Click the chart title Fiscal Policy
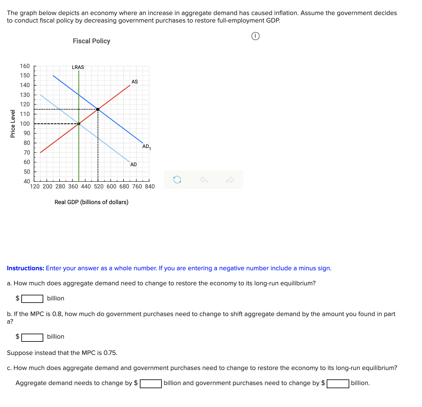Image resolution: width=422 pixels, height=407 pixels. pos(91,41)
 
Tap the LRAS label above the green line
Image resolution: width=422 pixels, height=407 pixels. pos(78,67)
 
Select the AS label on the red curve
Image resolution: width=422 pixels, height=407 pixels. pos(135,82)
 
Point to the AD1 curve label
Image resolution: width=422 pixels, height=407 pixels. pos(146,146)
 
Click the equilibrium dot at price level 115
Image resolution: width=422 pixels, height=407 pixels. pos(98,109)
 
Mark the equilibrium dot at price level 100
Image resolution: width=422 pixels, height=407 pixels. pos(79,124)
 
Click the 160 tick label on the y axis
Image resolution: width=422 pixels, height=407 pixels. pos(25,66)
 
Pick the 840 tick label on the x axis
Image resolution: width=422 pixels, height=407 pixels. pos(150,187)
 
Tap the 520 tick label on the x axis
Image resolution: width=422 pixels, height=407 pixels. pos(98,187)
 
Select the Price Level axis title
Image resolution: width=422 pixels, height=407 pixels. pos(13,124)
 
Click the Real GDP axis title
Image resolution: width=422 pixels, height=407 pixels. pos(91,202)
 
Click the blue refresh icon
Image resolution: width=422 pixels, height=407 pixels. pos(177,180)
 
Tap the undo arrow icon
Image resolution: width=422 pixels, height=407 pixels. pos(204,180)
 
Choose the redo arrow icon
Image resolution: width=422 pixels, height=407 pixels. pos(230,180)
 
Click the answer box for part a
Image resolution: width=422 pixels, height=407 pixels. pos(32,299)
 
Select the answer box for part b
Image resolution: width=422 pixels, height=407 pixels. pos(32,337)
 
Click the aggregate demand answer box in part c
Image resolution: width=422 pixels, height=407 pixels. pos(151,384)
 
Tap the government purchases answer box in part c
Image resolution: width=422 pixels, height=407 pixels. pos(338,384)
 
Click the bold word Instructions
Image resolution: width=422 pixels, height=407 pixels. pos(25,268)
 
